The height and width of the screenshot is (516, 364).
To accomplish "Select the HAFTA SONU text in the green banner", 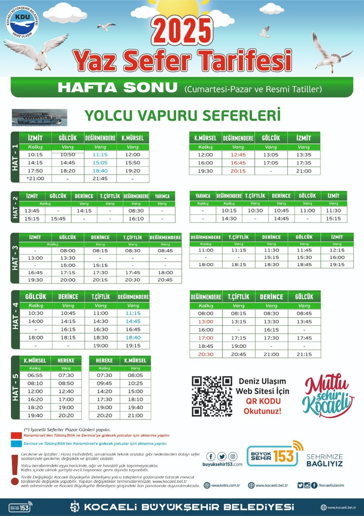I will (x=117, y=88).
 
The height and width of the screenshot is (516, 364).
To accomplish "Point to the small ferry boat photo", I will (x=39, y=117).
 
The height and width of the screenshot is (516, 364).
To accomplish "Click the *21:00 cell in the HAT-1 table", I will (x=35, y=178).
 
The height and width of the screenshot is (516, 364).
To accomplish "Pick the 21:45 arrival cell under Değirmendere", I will (x=100, y=178).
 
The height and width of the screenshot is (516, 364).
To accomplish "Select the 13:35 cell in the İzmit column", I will (x=304, y=155).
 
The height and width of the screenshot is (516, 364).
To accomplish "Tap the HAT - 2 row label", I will (x=15, y=208).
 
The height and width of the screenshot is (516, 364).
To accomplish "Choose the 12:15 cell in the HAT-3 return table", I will (x=337, y=250).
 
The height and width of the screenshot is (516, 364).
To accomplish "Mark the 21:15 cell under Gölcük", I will (x=304, y=354).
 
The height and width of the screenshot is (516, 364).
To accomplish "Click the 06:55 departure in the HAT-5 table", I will (x=35, y=375).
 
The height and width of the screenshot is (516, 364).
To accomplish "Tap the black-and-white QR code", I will (x=212, y=396).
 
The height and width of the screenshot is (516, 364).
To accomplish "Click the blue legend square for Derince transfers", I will (x=16, y=443).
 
